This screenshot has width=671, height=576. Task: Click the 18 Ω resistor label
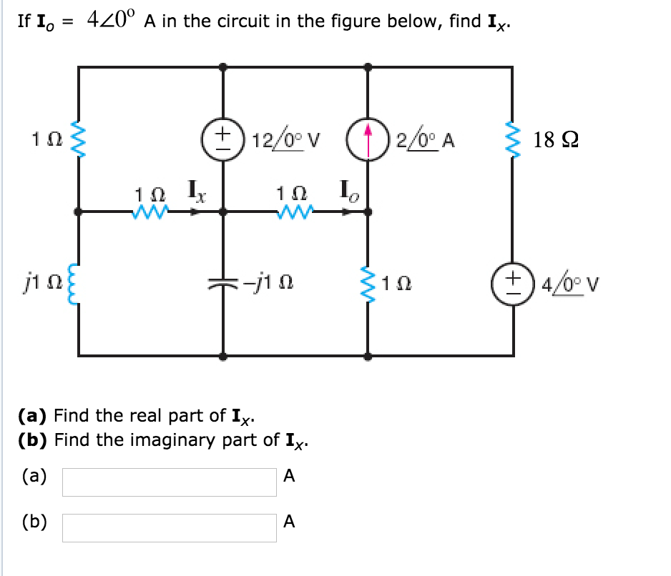562,139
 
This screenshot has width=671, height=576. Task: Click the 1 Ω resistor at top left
78,139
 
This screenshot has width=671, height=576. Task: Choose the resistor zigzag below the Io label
296,212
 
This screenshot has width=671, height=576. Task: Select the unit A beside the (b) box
288,522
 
